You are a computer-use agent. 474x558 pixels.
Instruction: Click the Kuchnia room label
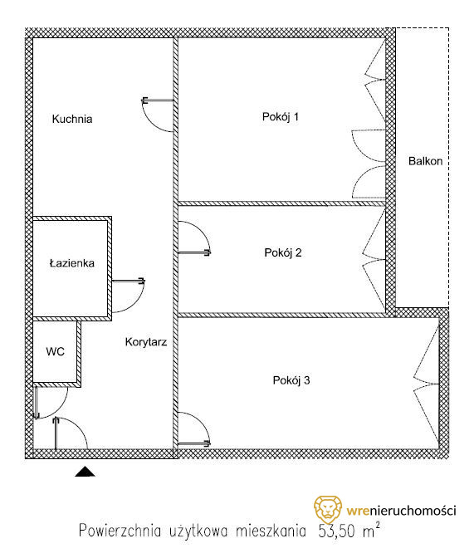72,119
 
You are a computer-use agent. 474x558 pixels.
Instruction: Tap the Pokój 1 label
281,117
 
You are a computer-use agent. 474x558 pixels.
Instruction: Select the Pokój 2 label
283,252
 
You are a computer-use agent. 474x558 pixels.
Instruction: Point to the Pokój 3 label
291,380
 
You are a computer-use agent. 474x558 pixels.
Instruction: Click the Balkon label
426,161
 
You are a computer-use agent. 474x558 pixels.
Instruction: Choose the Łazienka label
72,263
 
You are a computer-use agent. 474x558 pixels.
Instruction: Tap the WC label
55,351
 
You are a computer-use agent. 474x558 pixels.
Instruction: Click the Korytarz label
146,342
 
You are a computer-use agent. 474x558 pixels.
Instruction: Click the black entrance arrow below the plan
85,472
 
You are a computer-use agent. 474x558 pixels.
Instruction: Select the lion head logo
328,509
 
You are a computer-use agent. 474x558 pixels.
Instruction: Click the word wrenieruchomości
402,511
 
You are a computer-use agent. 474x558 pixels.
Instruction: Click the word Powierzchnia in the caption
120,531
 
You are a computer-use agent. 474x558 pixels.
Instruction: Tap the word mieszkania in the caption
271,531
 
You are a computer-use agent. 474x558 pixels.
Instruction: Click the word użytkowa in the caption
198,531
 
